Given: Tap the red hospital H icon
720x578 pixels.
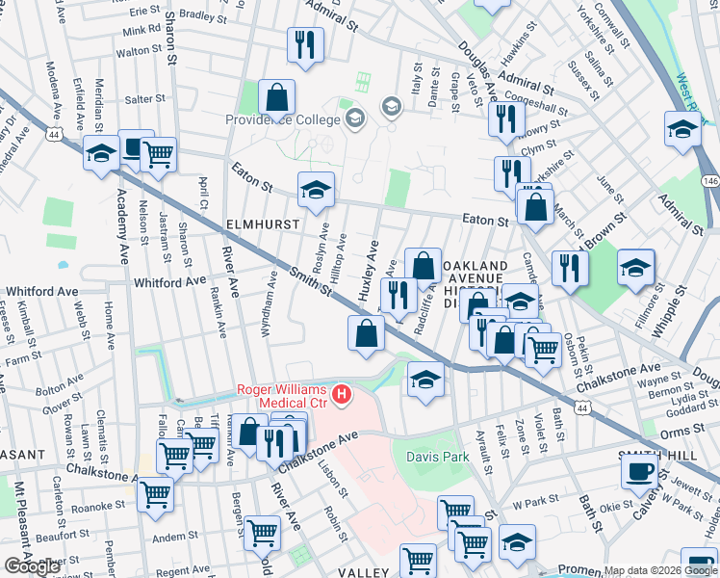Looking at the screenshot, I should (x=341, y=394).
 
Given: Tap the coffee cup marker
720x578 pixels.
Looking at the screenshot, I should (x=640, y=472).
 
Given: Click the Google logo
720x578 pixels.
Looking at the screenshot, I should (x=32, y=566).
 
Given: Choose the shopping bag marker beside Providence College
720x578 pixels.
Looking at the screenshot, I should (x=276, y=97).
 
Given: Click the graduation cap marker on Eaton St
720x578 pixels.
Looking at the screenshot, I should (x=315, y=191).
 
